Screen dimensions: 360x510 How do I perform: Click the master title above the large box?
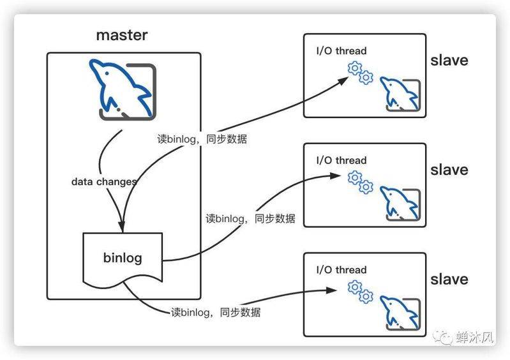121,34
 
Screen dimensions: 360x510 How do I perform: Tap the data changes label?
103,182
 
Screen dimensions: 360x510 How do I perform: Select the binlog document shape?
123,259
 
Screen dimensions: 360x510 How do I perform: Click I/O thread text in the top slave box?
341,51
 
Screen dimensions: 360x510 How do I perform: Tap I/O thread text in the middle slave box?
341,160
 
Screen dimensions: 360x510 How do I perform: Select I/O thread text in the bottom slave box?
341,269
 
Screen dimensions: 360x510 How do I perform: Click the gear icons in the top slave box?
359,73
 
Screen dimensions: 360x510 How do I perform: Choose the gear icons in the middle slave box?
359,182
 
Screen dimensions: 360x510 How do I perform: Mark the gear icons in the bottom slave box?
359,292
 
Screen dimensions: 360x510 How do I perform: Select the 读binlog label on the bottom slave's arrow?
215,313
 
